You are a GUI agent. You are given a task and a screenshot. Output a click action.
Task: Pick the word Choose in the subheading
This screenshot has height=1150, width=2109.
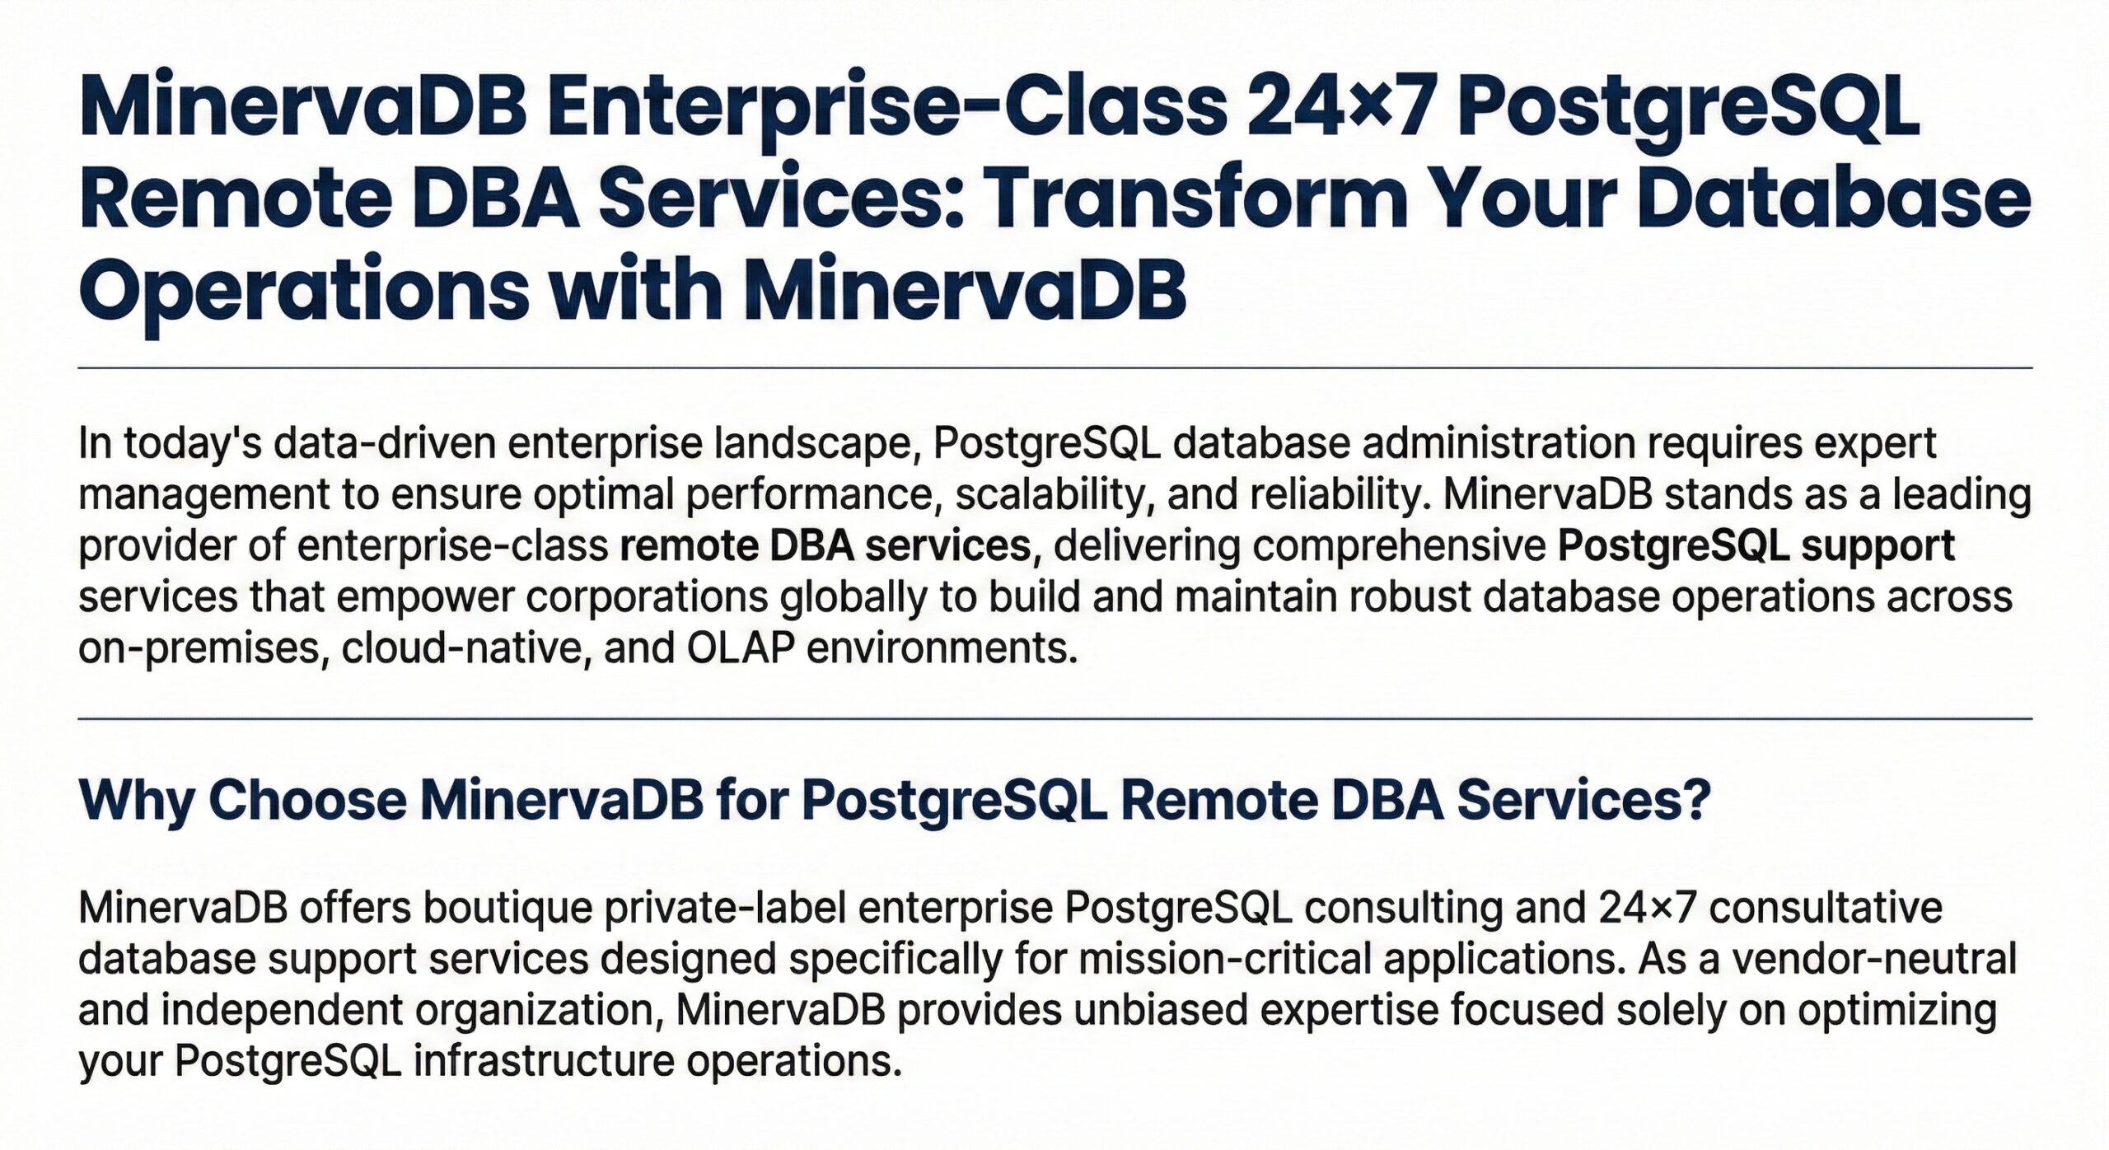point(306,799)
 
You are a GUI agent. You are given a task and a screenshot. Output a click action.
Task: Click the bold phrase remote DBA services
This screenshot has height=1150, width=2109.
point(830,545)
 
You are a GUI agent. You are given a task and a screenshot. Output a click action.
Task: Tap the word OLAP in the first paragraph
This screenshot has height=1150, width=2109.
point(740,649)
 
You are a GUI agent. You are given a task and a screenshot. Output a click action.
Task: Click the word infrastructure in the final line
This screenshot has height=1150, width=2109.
point(544,1061)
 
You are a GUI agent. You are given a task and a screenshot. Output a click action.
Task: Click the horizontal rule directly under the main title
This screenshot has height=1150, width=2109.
point(1054,368)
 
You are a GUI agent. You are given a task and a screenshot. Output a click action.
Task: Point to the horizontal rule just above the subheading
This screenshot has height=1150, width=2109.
point(1054,719)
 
